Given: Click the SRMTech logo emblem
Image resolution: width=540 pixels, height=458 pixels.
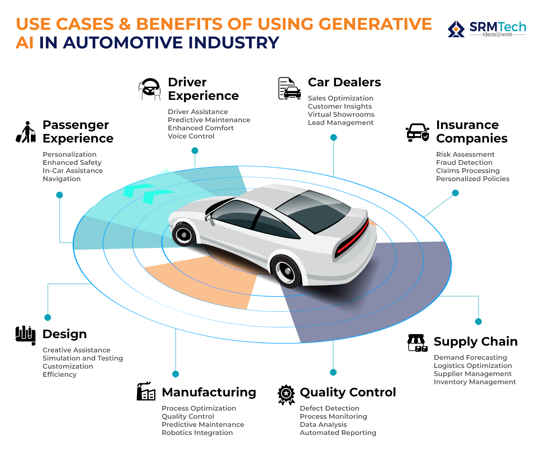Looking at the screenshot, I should pos(456,29).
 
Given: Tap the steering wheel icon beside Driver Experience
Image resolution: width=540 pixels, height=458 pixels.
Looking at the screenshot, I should pos(150,89).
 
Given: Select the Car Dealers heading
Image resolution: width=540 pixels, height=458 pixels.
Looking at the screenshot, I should pos(344,82).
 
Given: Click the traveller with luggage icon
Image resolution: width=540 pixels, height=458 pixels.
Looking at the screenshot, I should pos(26,132).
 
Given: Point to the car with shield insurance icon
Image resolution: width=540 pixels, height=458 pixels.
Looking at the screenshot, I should pos(418,132).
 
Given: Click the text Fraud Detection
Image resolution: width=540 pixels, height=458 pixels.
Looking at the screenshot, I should pos(464,162).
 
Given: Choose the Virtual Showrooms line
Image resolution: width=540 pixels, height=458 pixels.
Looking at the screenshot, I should pos(341,114).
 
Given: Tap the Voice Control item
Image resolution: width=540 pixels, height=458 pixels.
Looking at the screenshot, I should pos(191,136).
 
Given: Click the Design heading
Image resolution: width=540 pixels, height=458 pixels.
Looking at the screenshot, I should pos(65,334).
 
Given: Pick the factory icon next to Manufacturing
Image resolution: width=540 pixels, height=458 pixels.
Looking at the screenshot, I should pos(146,392).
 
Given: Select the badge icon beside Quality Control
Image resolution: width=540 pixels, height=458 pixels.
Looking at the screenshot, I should pos(286,394).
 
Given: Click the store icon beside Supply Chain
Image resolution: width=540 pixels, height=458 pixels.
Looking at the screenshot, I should pos(417,343).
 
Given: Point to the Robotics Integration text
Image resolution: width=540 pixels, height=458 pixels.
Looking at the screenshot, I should pos(197,433).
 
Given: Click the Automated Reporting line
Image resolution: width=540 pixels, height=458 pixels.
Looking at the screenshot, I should pos(338,433).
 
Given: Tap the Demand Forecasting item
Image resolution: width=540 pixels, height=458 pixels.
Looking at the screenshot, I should pos(470,357).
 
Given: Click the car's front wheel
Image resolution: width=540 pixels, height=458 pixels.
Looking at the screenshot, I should pos(184,235).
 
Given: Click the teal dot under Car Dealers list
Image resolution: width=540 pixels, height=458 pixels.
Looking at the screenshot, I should pos(334,137).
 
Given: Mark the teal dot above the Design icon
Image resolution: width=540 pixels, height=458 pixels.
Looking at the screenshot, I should pos(48,318).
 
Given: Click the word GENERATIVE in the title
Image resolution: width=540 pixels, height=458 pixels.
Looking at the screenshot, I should pos(375,24).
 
